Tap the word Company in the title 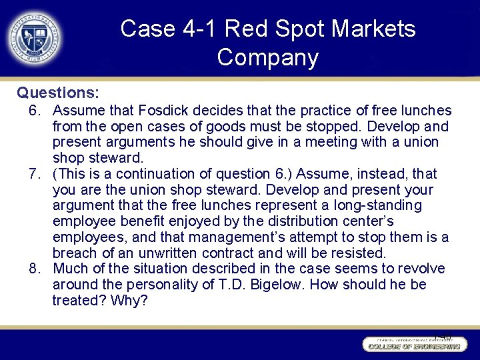click(268, 58)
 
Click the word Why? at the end click(131, 301)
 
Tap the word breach click(75, 253)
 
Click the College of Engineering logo click(412, 345)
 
